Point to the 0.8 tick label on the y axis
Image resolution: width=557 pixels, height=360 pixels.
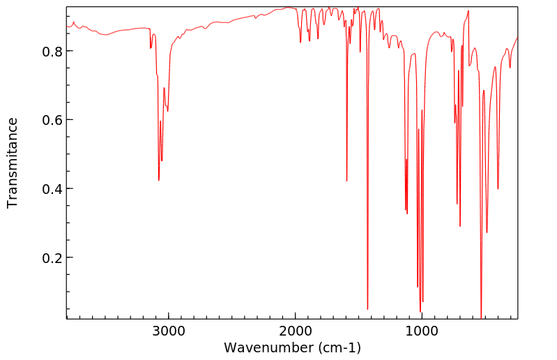click(53, 52)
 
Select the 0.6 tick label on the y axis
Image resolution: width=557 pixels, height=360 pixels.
click(53, 120)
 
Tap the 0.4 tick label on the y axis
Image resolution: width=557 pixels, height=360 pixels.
click(53, 189)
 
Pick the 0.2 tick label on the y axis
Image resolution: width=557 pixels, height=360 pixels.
click(53, 258)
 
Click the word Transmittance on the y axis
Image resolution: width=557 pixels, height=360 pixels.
click(13, 163)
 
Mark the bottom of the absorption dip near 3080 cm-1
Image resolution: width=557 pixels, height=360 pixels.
click(159, 181)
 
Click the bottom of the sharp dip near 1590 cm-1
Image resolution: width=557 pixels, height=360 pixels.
click(346, 181)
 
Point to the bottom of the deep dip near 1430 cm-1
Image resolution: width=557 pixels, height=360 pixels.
click(367, 309)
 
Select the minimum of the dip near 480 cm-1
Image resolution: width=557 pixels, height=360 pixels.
click(487, 232)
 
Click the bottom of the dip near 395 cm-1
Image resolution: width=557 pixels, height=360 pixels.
click(498, 188)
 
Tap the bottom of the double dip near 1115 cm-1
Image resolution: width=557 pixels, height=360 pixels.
click(407, 213)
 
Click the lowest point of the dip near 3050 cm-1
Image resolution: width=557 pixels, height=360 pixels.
click(162, 160)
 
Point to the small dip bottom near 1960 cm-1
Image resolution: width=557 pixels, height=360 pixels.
click(300, 43)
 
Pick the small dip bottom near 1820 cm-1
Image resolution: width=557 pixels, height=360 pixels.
click(318, 38)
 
